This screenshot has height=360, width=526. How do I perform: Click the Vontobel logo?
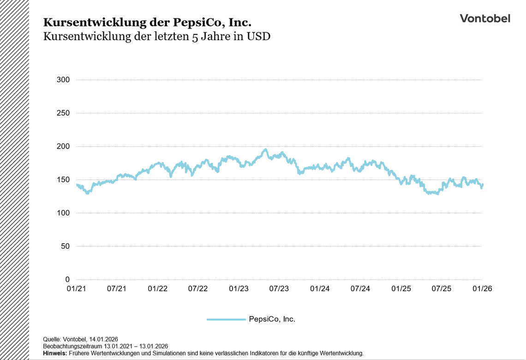[485, 18]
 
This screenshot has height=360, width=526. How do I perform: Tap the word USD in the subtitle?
[258, 37]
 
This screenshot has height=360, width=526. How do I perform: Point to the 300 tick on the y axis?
[63, 80]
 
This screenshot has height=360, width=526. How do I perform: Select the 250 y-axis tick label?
[63, 113]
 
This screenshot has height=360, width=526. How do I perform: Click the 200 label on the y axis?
[63, 146]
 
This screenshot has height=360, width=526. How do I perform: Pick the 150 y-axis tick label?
[63, 180]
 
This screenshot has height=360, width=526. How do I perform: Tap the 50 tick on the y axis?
[65, 246]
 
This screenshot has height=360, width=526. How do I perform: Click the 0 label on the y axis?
[67, 280]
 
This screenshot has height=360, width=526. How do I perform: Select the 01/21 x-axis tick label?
[76, 289]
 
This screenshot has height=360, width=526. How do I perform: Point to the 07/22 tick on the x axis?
[198, 289]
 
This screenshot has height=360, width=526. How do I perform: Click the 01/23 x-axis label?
[239, 289]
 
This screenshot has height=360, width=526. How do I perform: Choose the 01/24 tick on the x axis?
[320, 289]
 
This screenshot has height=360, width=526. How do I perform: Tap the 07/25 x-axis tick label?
[442, 289]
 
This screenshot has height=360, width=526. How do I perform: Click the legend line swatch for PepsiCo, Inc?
[226, 319]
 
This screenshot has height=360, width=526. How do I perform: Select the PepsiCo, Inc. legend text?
[272, 319]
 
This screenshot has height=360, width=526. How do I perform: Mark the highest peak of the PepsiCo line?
[265, 150]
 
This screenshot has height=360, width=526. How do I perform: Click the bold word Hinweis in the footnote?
[54, 354]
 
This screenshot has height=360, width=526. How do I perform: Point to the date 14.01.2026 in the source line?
[103, 339]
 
